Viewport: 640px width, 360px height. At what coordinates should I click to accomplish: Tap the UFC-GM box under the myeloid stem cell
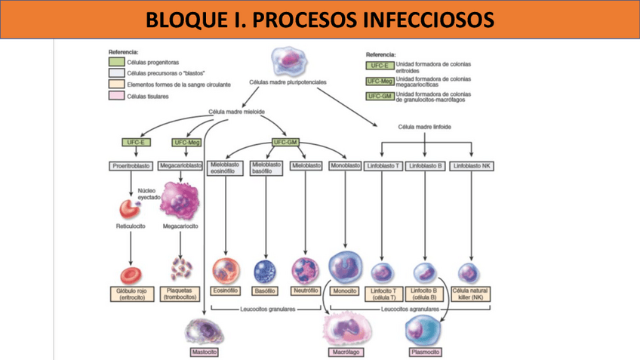coord(286,142)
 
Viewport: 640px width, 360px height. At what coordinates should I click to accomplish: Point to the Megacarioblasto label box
coord(181,165)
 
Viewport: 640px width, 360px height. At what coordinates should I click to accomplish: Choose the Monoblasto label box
coord(345,165)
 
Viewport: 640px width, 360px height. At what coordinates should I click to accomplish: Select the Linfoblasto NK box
coord(471,165)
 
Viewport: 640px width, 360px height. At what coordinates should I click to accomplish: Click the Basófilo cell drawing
coord(266,270)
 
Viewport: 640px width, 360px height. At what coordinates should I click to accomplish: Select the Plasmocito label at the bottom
coord(425,352)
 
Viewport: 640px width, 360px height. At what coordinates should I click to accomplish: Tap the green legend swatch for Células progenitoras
coord(117,62)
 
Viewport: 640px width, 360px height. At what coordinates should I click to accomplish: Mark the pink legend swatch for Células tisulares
coord(117,96)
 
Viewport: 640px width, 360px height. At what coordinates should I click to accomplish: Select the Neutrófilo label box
coord(306,291)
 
